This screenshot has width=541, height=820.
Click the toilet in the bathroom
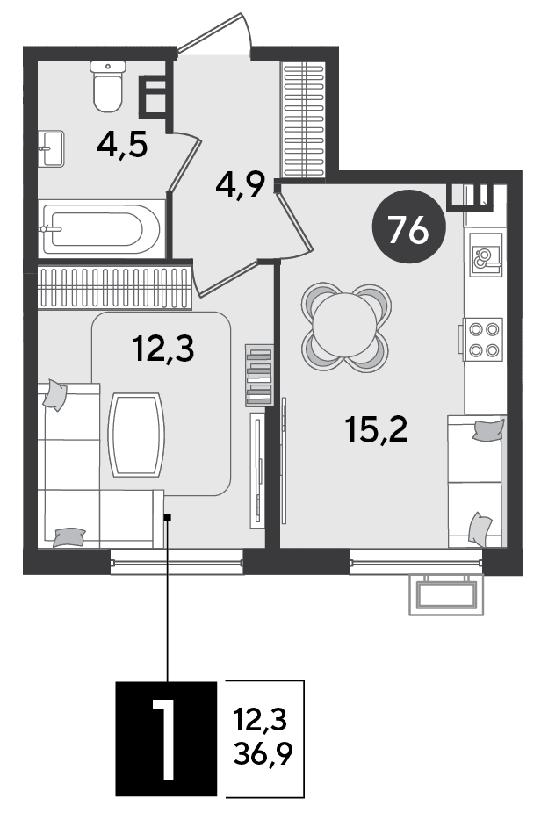[x=108, y=86]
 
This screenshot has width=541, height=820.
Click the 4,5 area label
[x=122, y=146]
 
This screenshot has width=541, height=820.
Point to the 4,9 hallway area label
[x=241, y=184]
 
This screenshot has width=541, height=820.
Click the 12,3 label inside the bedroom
[x=163, y=349]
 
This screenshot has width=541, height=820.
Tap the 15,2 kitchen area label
[x=376, y=429]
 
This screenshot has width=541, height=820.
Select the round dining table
[x=345, y=327]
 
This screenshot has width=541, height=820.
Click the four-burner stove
[x=482, y=340]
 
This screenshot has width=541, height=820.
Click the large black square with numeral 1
[x=166, y=739]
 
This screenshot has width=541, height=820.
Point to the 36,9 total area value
[x=263, y=753]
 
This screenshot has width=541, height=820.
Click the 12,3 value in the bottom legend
[x=261, y=720]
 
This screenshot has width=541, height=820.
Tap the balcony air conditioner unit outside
[x=447, y=594]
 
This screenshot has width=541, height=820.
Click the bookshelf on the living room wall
[x=259, y=375]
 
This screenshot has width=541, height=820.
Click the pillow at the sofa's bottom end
[x=69, y=537]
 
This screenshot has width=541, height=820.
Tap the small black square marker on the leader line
[x=168, y=518]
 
